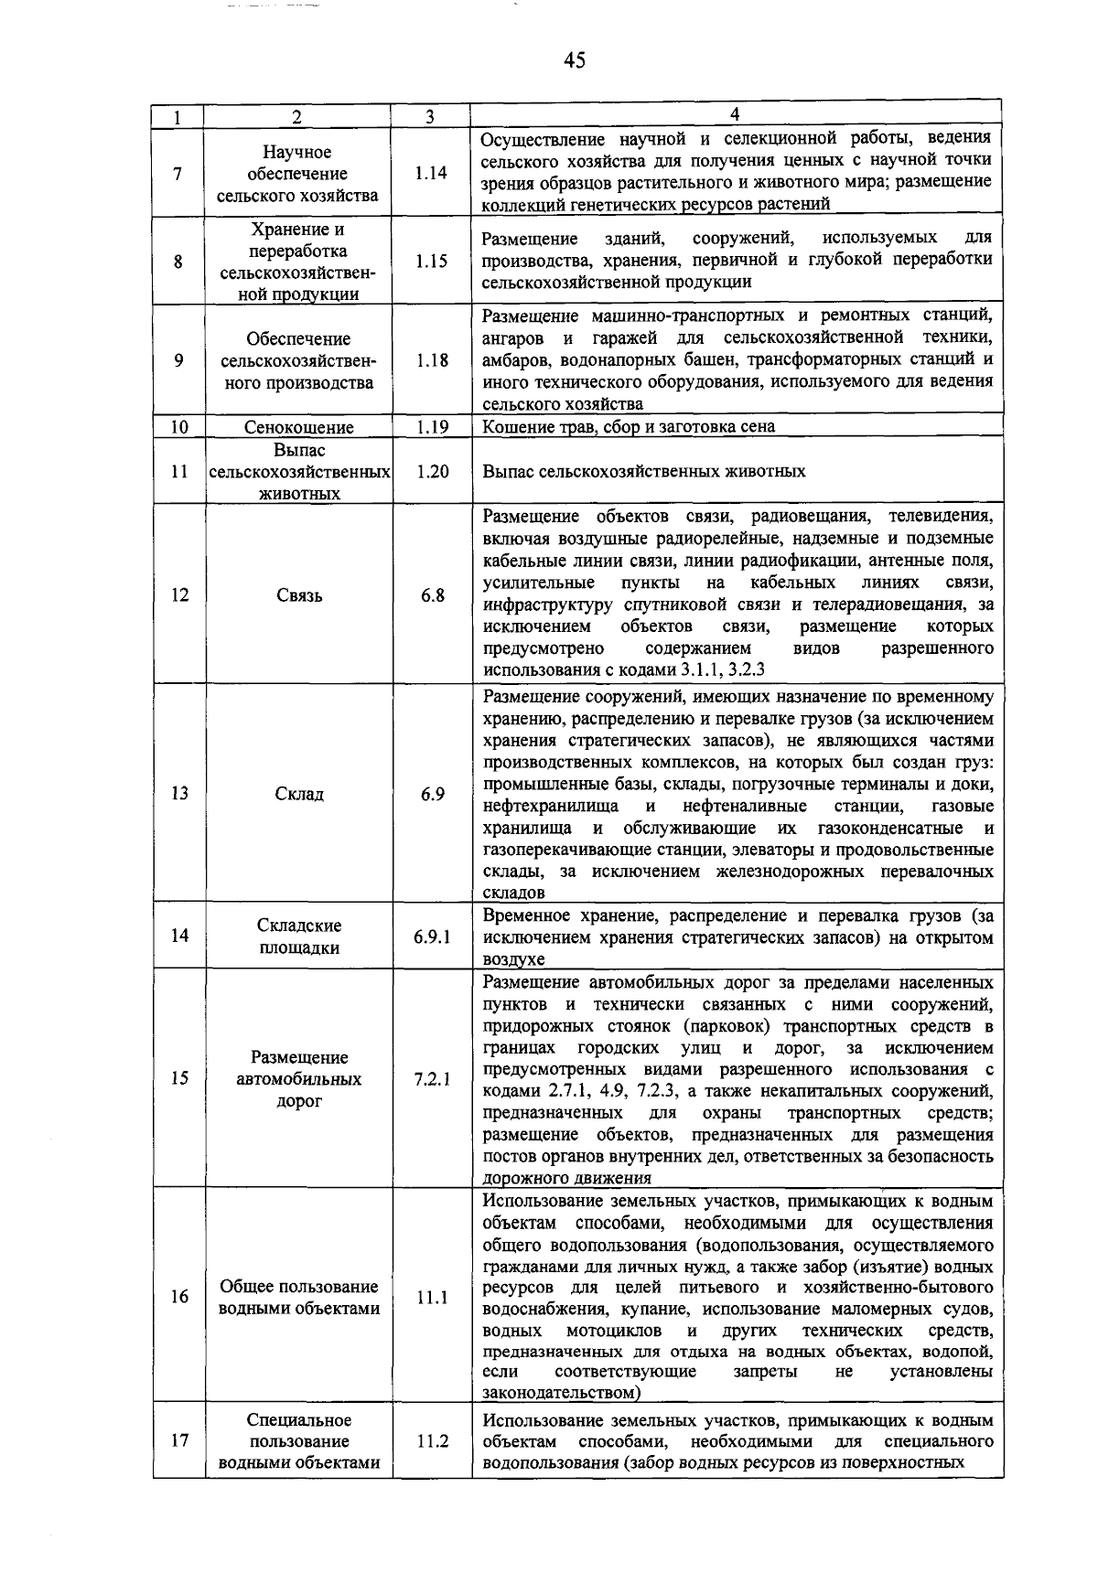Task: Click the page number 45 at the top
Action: pyautogui.click(x=575, y=60)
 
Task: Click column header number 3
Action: pyautogui.click(x=430, y=117)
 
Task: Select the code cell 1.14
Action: pyautogui.click(x=430, y=173)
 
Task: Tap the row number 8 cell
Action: pyautogui.click(x=178, y=262)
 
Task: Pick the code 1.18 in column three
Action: pyautogui.click(x=430, y=360)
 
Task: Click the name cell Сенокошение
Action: pyautogui.click(x=298, y=427)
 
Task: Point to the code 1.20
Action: pyautogui.click(x=430, y=471)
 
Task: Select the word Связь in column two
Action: pyautogui.click(x=298, y=595)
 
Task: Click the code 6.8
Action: pyautogui.click(x=432, y=595)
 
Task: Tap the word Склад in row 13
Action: pyautogui.click(x=298, y=794)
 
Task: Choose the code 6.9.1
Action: pyautogui.click(x=431, y=936)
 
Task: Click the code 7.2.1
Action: pyautogui.click(x=431, y=1079)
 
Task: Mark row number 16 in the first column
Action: pyautogui.click(x=178, y=1297)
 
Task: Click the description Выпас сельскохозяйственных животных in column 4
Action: pyautogui.click(x=644, y=471)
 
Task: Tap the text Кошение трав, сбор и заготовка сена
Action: pyautogui.click(x=628, y=427)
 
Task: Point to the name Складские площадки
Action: pyautogui.click(x=298, y=936)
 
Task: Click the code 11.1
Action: pyautogui.click(x=431, y=1297)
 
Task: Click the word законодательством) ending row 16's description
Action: pyautogui.click(x=561, y=1393)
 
